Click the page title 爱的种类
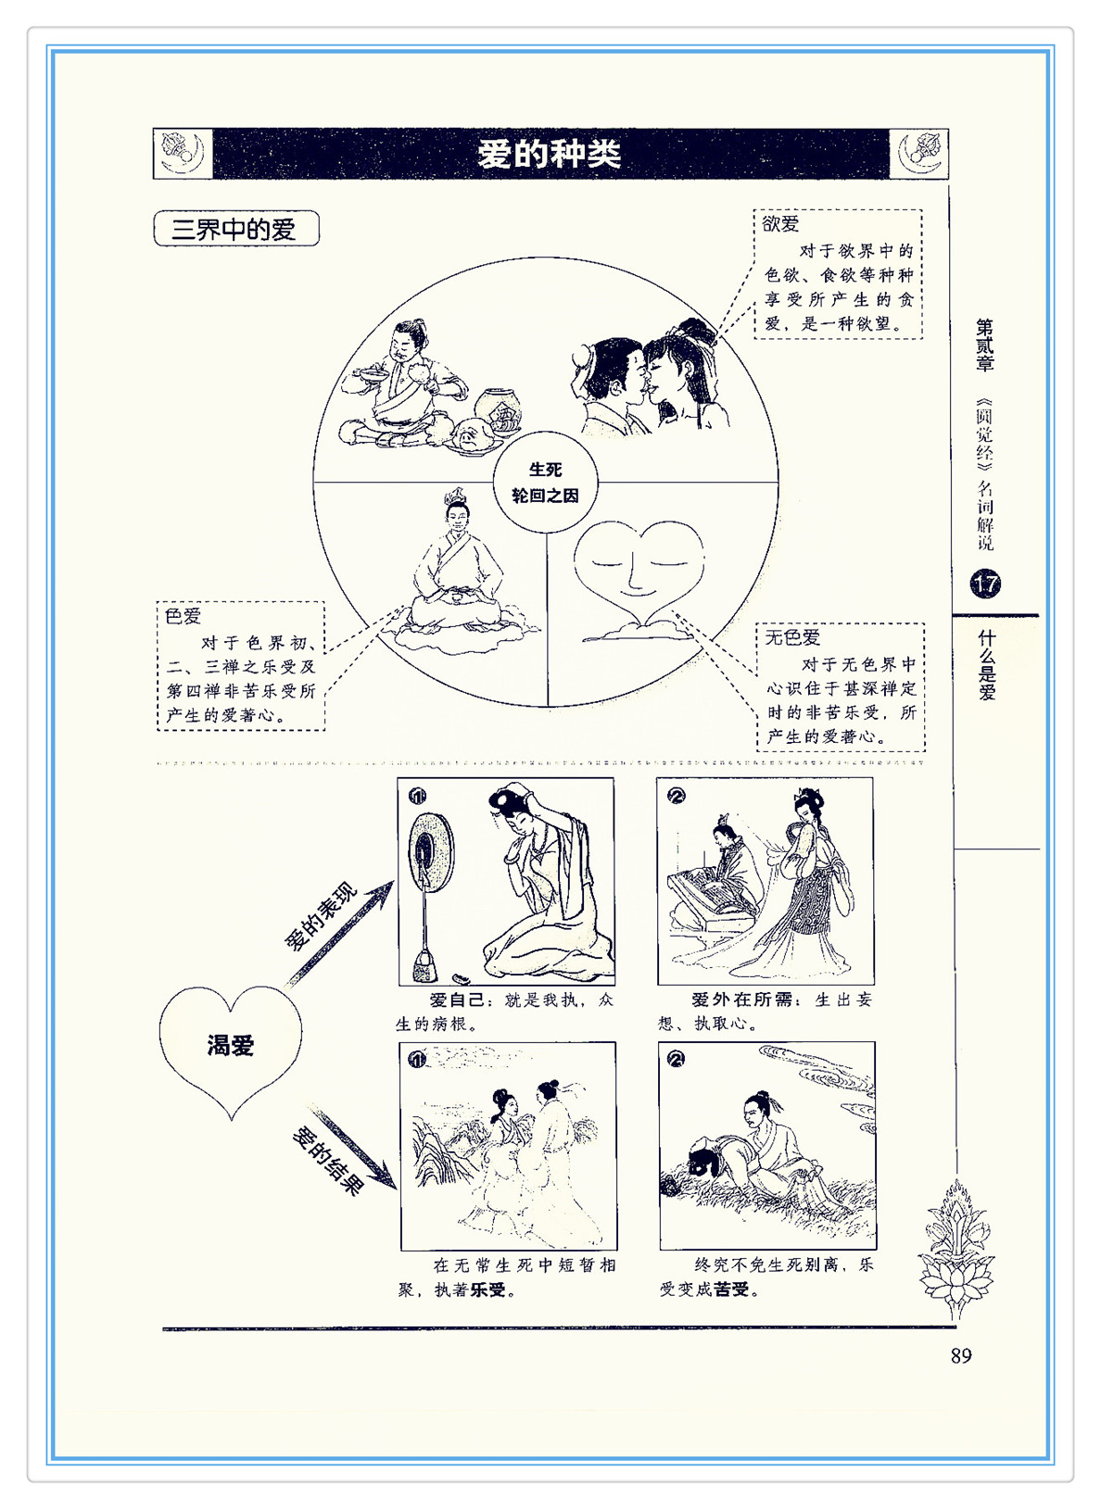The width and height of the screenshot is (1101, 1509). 550,155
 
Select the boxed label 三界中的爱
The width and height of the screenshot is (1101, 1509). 235,229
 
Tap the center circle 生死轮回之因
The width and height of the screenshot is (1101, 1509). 545,483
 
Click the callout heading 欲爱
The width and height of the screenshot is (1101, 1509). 780,223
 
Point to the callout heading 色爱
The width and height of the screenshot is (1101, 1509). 183,616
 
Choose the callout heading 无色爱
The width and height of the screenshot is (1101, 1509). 792,636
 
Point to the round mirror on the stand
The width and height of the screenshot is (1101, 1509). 431,852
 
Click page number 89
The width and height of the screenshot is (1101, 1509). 961,1355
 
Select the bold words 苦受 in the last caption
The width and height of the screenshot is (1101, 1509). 731,1289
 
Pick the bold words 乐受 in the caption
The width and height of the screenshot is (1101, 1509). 487,1289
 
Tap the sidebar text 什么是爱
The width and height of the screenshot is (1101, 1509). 986,665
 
